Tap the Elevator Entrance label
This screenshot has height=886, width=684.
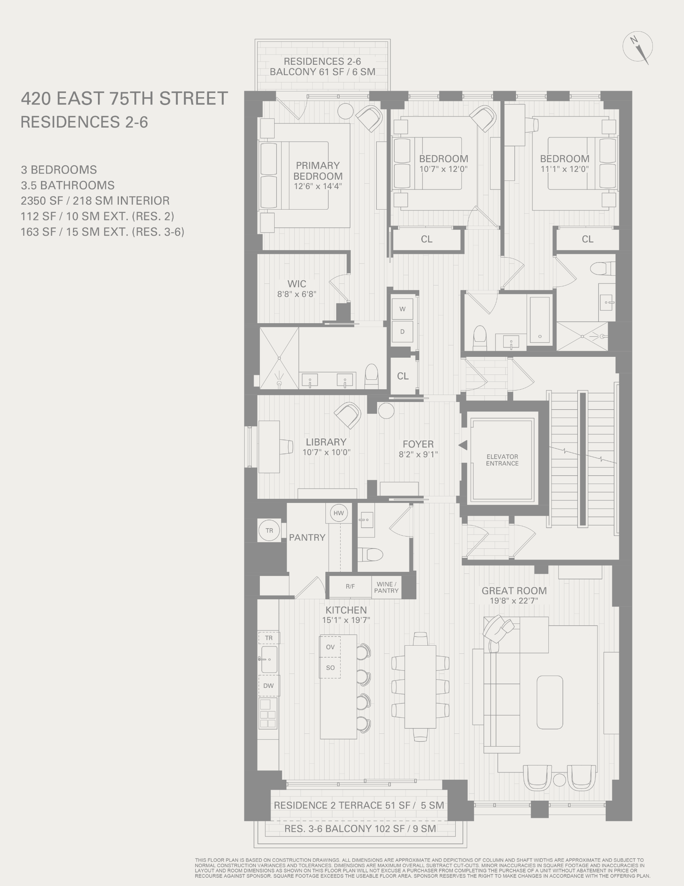(x=502, y=460)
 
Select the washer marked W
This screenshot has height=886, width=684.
(x=402, y=309)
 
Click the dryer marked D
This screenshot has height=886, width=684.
(x=402, y=331)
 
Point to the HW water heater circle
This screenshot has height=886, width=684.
(x=339, y=513)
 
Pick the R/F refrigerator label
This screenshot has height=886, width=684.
(x=350, y=587)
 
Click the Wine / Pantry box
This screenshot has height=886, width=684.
(x=386, y=587)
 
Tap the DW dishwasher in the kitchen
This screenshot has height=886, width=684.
(x=268, y=685)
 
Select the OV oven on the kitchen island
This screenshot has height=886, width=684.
(x=330, y=647)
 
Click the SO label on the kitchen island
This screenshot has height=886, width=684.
(x=330, y=667)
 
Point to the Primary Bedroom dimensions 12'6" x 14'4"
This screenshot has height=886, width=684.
(x=318, y=186)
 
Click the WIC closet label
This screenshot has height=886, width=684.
(x=297, y=284)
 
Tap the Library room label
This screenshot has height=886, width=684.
(x=326, y=442)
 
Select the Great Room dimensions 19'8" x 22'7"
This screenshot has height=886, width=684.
(x=514, y=601)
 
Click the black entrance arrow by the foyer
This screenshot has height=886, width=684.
(x=463, y=445)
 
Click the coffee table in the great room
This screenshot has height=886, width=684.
(x=550, y=702)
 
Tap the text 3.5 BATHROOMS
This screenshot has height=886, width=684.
(x=68, y=185)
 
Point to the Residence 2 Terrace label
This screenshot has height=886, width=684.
(x=359, y=805)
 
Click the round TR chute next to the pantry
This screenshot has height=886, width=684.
(x=269, y=530)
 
